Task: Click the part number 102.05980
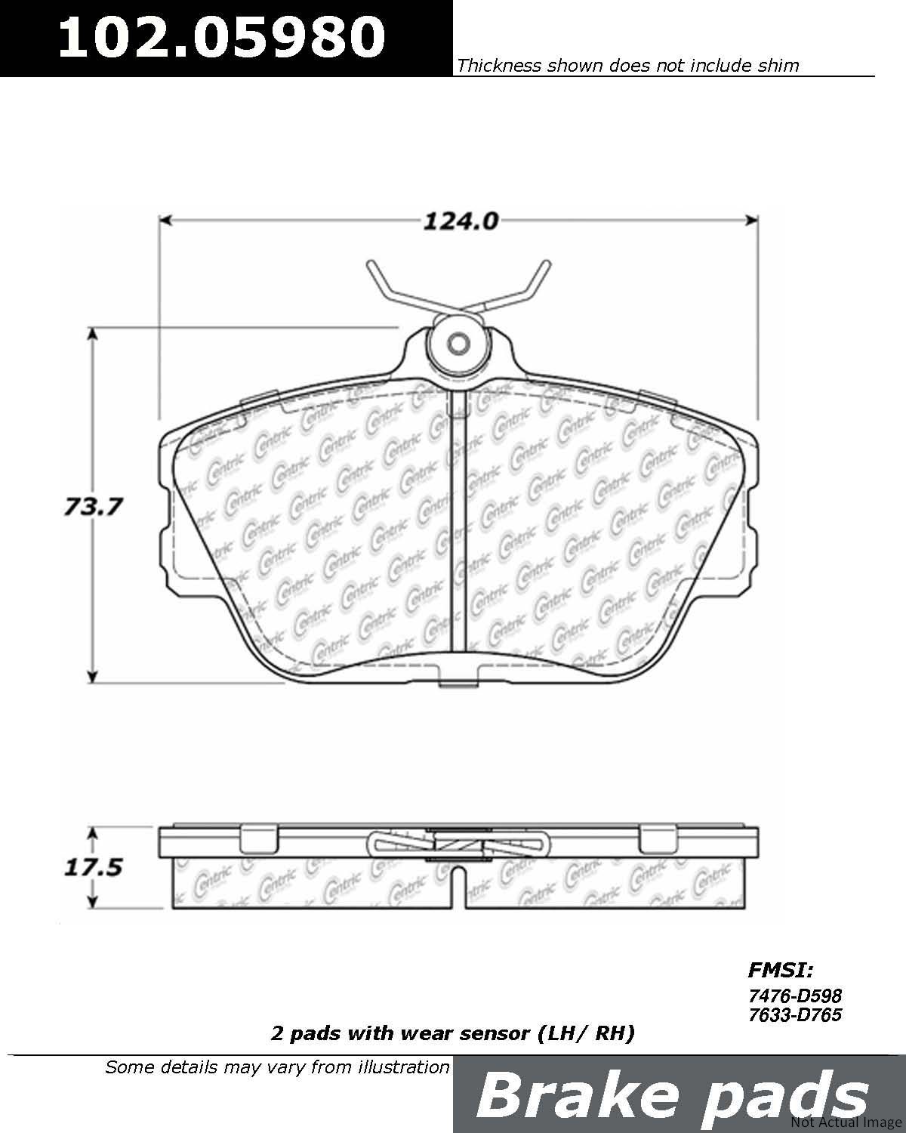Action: click(x=222, y=37)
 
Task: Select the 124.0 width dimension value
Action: click(x=461, y=221)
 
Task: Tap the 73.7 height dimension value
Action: click(x=93, y=507)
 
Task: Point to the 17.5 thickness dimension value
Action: click(x=93, y=867)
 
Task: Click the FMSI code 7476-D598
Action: click(x=795, y=996)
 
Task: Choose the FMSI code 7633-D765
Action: click(x=795, y=1014)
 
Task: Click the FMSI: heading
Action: click(x=781, y=969)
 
